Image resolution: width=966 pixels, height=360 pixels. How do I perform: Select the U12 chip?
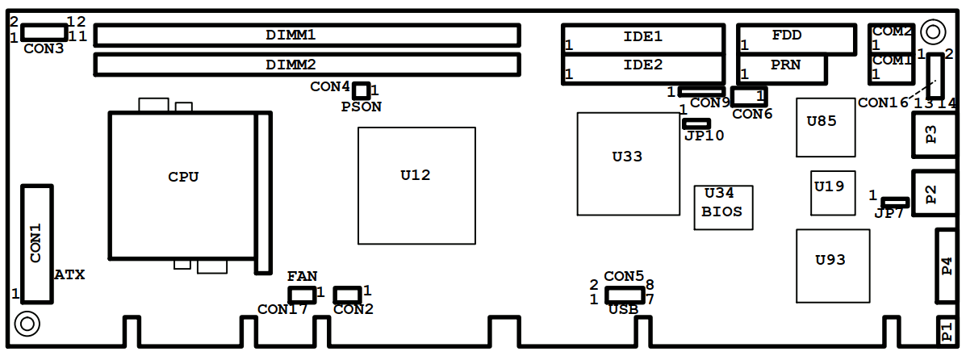click(x=416, y=186)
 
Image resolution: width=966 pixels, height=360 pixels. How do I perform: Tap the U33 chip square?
click(x=629, y=164)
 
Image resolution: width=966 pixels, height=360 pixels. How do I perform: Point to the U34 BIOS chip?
click(x=723, y=207)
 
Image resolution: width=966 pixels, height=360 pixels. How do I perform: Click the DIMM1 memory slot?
click(x=307, y=35)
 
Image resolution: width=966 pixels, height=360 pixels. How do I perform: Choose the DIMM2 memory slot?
click(x=307, y=64)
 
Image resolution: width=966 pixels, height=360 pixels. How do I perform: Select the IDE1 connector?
click(x=643, y=38)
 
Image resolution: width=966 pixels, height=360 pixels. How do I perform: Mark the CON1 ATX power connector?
click(x=37, y=244)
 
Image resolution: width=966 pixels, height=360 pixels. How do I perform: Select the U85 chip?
click(x=825, y=127)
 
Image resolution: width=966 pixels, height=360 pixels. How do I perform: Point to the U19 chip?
click(x=832, y=193)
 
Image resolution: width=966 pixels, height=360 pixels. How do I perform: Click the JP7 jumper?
click(x=894, y=202)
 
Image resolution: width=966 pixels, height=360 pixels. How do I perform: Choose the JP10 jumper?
click(x=696, y=123)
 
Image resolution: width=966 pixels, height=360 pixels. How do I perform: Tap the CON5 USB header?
click(x=625, y=295)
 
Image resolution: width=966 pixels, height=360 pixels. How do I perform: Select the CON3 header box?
click(x=44, y=31)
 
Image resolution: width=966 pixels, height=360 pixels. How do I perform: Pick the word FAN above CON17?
click(x=302, y=276)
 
